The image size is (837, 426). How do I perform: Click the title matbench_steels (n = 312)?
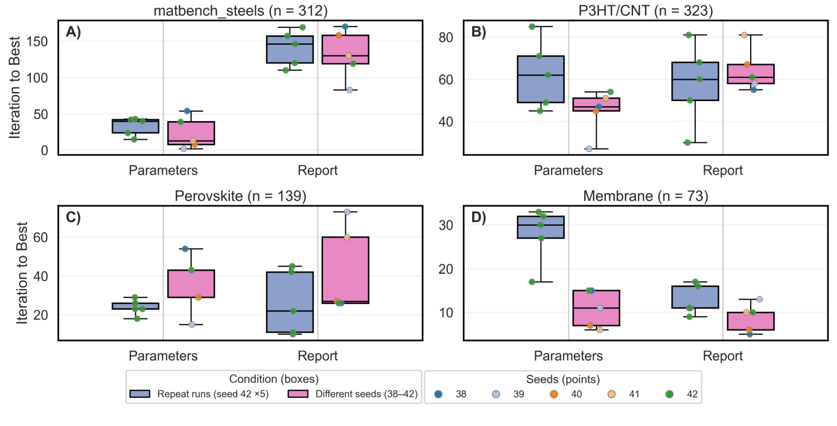click(240, 11)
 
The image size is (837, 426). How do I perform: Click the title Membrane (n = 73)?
click(645, 196)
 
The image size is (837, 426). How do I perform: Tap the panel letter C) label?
click(73, 217)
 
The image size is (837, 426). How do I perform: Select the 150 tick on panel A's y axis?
click(37, 42)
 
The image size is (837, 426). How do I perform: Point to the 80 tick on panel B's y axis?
click(446, 37)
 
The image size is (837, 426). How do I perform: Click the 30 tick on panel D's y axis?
click(446, 225)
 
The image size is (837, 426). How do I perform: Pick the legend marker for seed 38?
click(439, 394)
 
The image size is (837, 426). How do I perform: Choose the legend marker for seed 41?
click(612, 394)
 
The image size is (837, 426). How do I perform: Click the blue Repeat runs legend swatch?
click(140, 394)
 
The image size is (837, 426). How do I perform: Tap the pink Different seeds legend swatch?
click(298, 394)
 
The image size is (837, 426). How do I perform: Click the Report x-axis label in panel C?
click(317, 356)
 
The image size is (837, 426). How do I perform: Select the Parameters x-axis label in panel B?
click(568, 171)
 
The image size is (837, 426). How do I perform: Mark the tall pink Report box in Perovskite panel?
click(345, 270)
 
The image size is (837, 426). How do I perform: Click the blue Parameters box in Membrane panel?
click(541, 227)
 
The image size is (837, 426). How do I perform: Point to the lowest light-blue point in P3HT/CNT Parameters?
click(589, 149)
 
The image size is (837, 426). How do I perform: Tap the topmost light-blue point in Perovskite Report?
click(347, 212)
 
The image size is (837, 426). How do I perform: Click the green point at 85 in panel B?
click(532, 27)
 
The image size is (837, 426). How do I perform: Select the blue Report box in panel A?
click(290, 49)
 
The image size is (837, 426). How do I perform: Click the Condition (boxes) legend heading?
click(274, 379)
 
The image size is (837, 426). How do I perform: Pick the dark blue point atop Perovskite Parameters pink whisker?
click(185, 249)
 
